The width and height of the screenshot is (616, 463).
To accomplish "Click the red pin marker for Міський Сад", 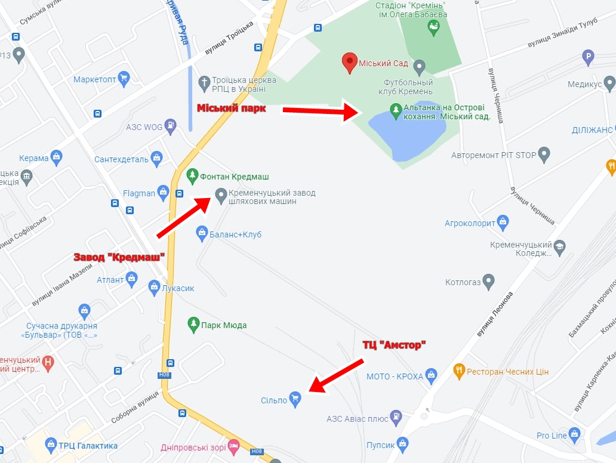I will (349, 62).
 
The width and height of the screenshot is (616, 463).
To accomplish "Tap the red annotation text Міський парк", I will (231, 109).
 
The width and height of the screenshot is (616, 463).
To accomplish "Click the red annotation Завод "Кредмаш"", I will (119, 257).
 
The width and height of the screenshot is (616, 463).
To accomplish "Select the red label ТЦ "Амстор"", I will (395, 345).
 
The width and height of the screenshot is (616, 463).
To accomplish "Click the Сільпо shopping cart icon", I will (295, 397).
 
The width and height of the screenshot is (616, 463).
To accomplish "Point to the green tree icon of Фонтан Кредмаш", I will (192, 176).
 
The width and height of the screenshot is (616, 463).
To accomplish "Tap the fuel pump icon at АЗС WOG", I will (171, 126).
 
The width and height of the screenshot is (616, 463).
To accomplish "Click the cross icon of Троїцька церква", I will (204, 82).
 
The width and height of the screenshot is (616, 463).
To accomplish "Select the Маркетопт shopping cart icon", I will (124, 78).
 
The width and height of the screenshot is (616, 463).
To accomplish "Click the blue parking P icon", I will (589, 57).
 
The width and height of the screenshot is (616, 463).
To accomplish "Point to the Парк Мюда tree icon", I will (193, 324).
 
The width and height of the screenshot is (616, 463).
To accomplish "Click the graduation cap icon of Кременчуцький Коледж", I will (559, 246).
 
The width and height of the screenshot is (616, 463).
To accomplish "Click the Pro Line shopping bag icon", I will (575, 434).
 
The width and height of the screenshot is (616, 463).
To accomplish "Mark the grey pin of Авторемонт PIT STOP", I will (544, 155).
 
